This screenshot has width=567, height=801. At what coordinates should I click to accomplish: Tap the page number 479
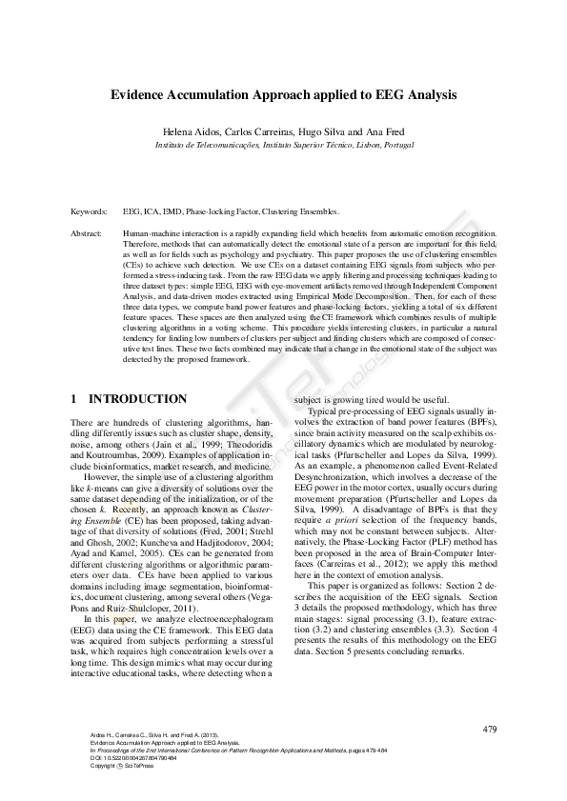(x=490, y=729)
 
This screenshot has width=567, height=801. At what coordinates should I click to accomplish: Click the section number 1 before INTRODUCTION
(x=74, y=398)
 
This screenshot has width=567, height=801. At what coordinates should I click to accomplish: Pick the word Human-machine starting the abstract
(x=151, y=231)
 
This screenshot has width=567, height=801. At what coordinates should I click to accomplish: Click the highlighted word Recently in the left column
(x=129, y=511)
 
